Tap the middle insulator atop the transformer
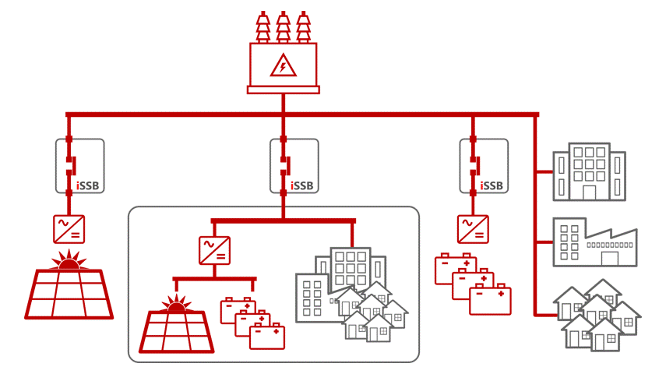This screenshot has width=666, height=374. click(283, 26)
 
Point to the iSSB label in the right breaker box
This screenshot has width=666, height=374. click(492, 185)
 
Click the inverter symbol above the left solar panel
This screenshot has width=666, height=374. click(69, 229)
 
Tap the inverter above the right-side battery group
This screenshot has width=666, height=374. click(473, 229)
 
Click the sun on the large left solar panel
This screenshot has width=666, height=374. click(70, 260)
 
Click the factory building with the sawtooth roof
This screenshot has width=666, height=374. click(594, 242)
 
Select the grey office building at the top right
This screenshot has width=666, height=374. click(589, 171)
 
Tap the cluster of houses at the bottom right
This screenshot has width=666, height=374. click(597, 315)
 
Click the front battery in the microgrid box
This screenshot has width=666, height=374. click(267, 336)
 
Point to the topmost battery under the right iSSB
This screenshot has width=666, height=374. click(455, 265)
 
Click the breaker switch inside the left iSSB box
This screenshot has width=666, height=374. click(69, 164)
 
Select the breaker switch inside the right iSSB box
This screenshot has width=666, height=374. click(473, 164)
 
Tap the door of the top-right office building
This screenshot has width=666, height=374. click(590, 192)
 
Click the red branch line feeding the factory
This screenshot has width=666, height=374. click(544, 242)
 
